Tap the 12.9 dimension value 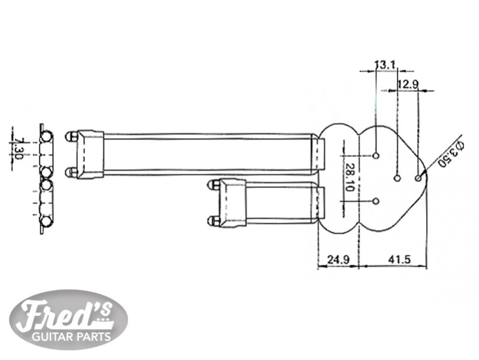[408, 84]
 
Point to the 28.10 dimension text [350, 177]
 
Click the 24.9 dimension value [338, 260]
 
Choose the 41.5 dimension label [399, 260]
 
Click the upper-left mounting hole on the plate [376, 156]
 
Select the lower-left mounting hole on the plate [376, 201]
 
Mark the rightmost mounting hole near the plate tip [418, 178]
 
